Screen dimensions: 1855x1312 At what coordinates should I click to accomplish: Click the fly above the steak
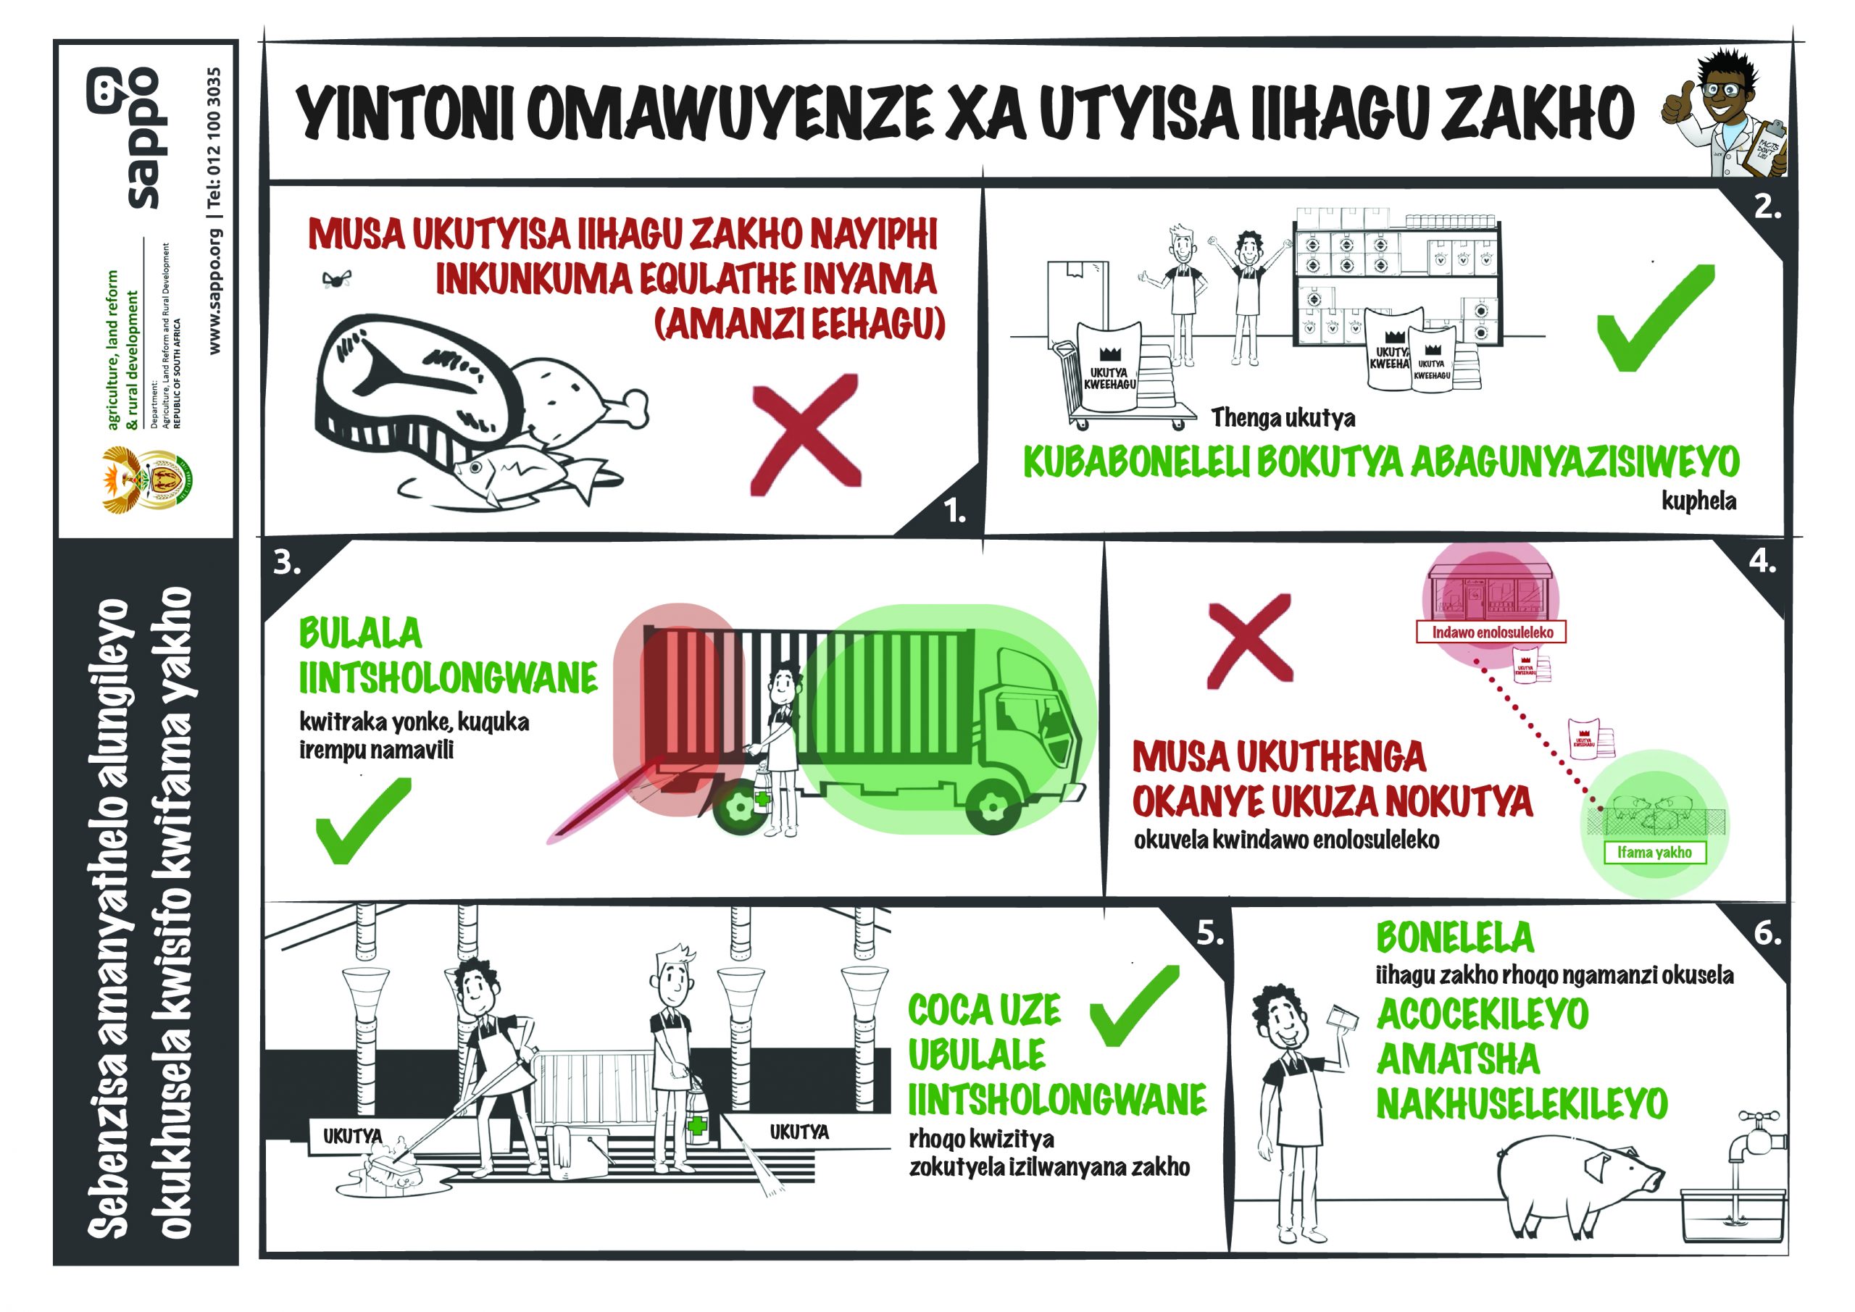click(x=336, y=279)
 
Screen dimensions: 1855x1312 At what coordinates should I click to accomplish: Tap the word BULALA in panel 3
click(x=360, y=632)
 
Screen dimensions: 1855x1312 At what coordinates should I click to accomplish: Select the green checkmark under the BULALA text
click(x=362, y=820)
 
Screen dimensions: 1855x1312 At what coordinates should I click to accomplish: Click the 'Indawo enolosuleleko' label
click(x=1492, y=632)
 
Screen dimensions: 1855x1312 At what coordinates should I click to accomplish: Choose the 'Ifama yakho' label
click(x=1654, y=851)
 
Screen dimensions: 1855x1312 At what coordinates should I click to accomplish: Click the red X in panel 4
click(x=1249, y=641)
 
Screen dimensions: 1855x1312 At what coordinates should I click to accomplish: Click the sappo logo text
click(x=143, y=138)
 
